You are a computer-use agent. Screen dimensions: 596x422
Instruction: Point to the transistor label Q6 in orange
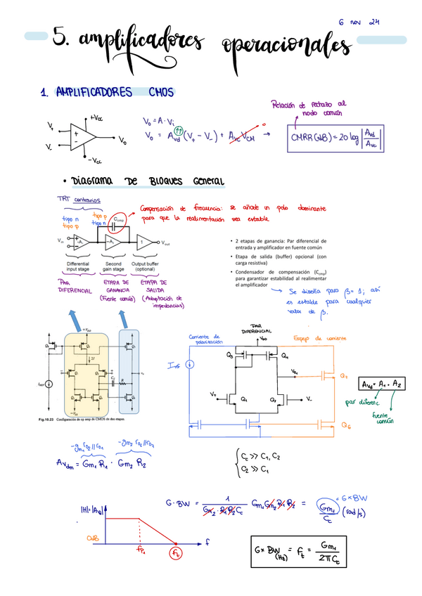pos(345,426)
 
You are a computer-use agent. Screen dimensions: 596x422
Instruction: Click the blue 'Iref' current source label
pos(174,365)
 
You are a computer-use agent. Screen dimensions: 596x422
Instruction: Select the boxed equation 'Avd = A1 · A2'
pos(381,384)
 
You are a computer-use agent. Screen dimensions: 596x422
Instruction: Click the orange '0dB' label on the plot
pos(93,538)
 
